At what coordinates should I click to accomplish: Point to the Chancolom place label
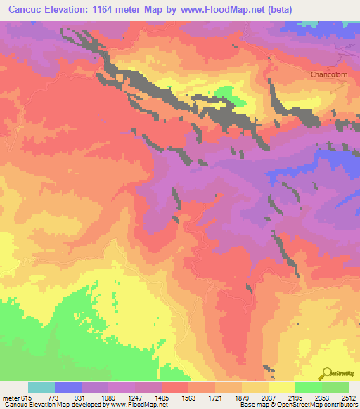pos(329,74)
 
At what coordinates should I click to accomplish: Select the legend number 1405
pos(162,397)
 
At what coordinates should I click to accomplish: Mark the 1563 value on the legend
pos(188,397)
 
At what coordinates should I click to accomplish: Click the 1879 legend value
pos(242,397)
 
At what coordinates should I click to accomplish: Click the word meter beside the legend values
pos(11,397)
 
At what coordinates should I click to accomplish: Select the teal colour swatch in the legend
pos(41,387)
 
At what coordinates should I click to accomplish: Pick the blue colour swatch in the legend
pos(68,387)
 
